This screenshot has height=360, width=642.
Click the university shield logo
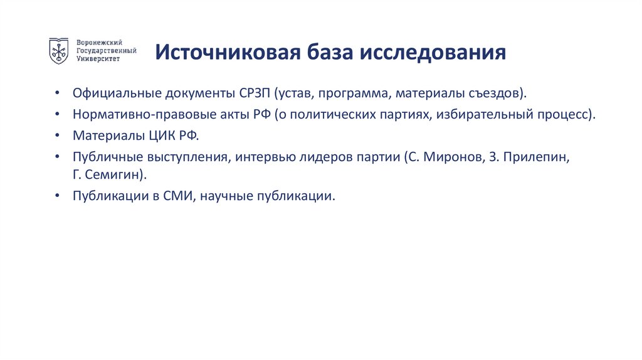click(60, 51)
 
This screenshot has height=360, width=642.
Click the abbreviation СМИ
click(181, 196)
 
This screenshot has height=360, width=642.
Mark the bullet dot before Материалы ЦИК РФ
click(57, 135)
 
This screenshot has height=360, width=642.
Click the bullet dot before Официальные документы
click(57, 93)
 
